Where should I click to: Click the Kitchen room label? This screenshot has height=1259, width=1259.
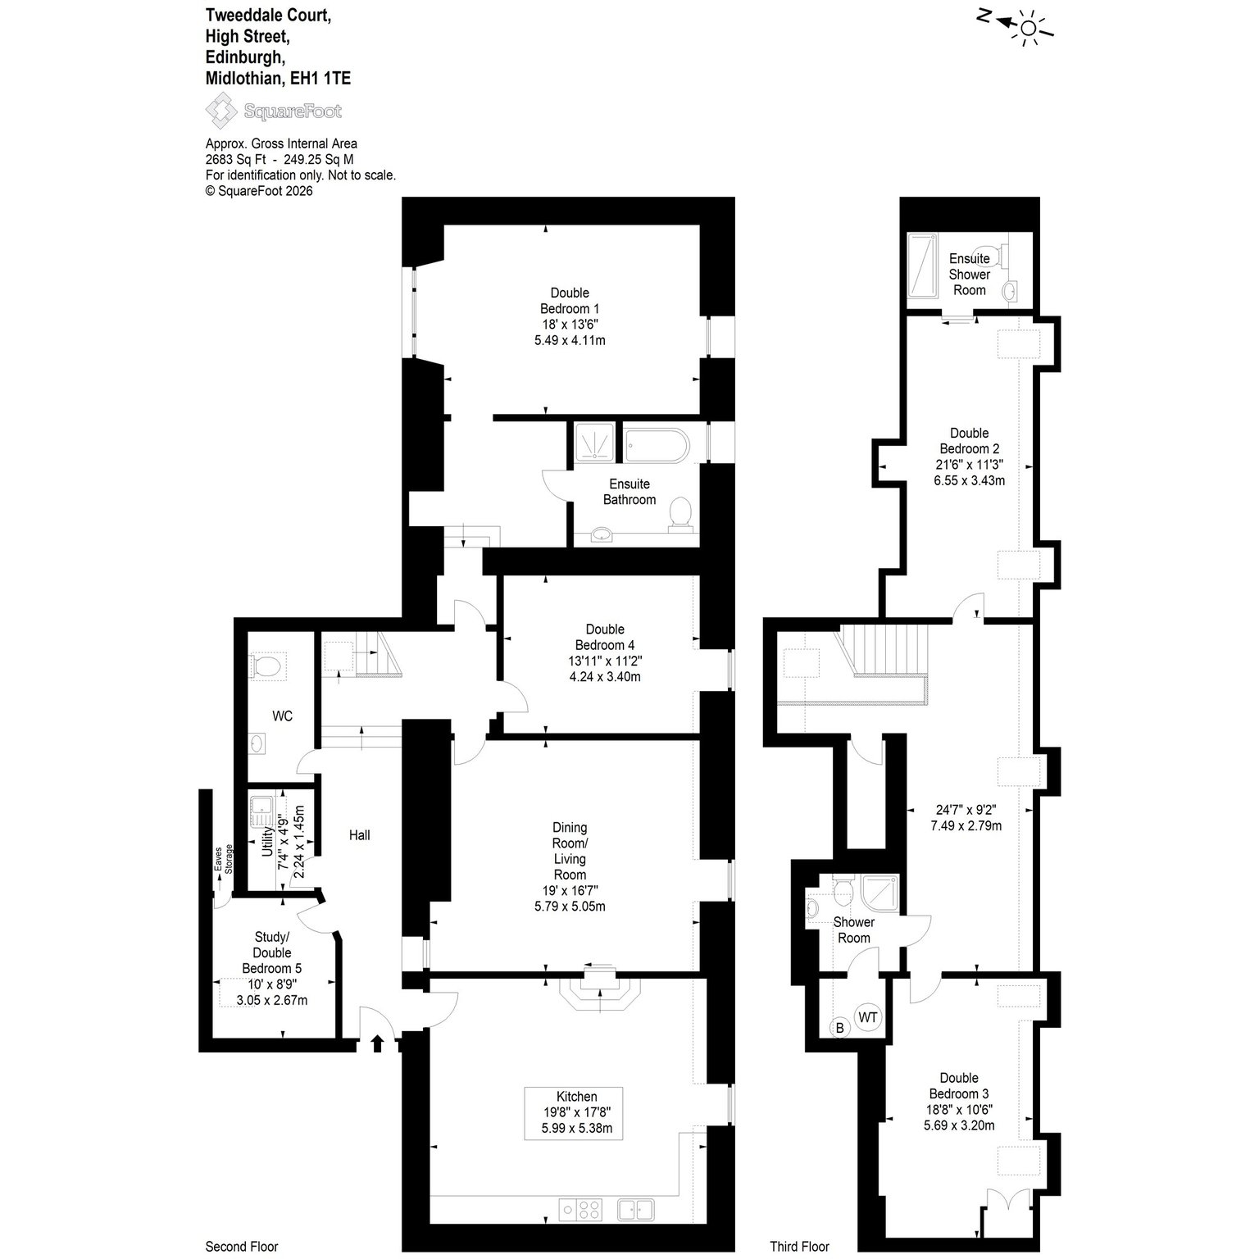576,1097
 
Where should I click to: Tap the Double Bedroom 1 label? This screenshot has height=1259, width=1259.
570,301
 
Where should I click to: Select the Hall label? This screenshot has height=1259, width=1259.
360,835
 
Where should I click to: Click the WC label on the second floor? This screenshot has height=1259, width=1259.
282,716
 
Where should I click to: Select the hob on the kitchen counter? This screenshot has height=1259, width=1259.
580,1210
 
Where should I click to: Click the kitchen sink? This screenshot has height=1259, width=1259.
635,1210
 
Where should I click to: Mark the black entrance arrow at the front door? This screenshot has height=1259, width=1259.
378,1043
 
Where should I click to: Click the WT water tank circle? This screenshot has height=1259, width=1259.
867,1018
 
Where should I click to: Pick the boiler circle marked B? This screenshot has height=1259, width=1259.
839,1028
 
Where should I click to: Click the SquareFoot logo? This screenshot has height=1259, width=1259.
273,111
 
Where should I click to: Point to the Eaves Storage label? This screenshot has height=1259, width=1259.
224,859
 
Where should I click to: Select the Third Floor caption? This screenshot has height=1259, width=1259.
799,1247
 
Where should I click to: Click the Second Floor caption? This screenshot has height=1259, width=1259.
242,1247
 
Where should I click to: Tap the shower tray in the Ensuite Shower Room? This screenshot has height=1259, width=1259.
924,269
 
